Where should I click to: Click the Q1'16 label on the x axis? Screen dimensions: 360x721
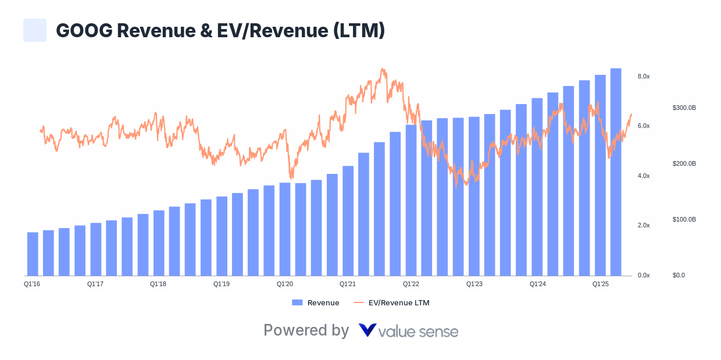31,284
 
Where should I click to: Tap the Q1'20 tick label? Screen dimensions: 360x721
284,284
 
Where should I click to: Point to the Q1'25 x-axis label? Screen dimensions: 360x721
600,284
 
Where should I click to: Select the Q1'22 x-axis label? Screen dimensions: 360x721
411,284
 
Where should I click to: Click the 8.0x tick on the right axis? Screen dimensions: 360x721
643,77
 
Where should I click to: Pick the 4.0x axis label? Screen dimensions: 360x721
643,176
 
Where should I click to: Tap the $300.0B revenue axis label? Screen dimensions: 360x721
684,108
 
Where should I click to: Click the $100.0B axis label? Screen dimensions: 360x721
684,219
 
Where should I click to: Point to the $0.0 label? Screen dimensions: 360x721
678,275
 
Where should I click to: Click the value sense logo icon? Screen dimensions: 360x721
367,330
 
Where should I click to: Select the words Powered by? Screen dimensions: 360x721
306,330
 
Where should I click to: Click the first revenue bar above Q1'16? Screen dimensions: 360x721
33,254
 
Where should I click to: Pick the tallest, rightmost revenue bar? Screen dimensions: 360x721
616,172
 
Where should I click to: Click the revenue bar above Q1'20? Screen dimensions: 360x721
284,229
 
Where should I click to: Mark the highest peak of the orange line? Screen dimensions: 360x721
382,69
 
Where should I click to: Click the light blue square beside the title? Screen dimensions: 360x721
35,30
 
